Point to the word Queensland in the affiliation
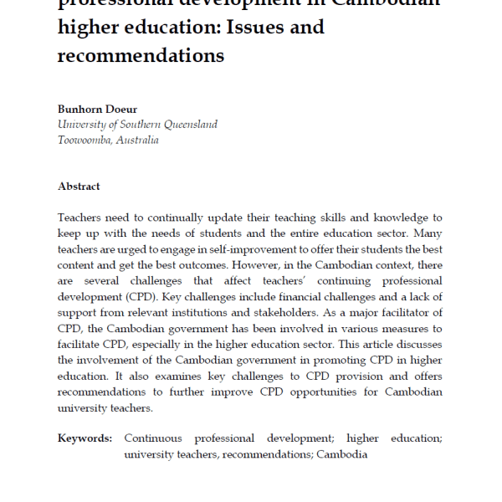(187, 125)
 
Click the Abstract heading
(79, 187)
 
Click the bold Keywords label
(85, 438)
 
